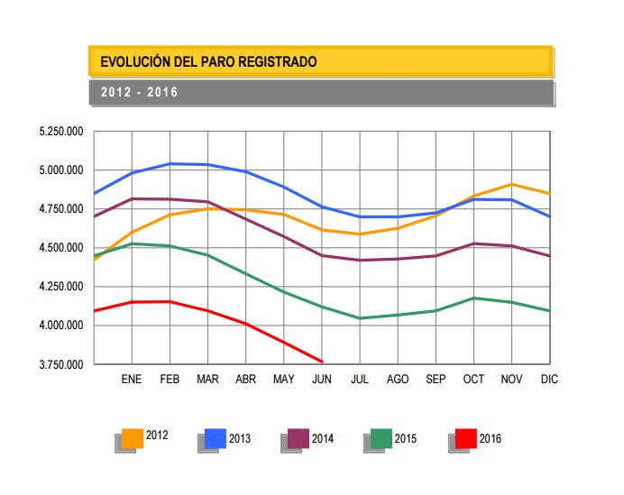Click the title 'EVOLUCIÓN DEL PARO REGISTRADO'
click(208, 62)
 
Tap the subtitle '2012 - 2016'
click(139, 93)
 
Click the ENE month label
click(132, 380)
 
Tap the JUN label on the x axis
click(322, 380)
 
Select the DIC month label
click(549, 380)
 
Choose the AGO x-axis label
click(398, 380)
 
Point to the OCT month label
click(474, 380)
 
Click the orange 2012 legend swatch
click(133, 438)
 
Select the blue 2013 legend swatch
click(216, 438)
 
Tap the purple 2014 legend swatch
click(298, 438)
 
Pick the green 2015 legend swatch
click(381, 438)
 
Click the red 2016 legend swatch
click(465, 438)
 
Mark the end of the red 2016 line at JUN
click(322, 362)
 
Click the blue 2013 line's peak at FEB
click(170, 164)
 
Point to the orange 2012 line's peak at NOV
click(512, 185)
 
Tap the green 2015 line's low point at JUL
click(360, 318)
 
